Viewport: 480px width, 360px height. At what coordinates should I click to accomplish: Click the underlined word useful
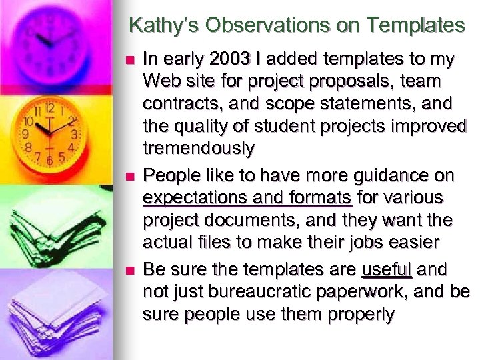coord(387,270)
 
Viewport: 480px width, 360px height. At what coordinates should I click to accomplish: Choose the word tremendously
coord(198,149)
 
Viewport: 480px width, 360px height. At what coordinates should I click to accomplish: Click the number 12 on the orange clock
coord(49,107)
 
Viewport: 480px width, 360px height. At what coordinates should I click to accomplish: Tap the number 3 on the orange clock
coord(75,134)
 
